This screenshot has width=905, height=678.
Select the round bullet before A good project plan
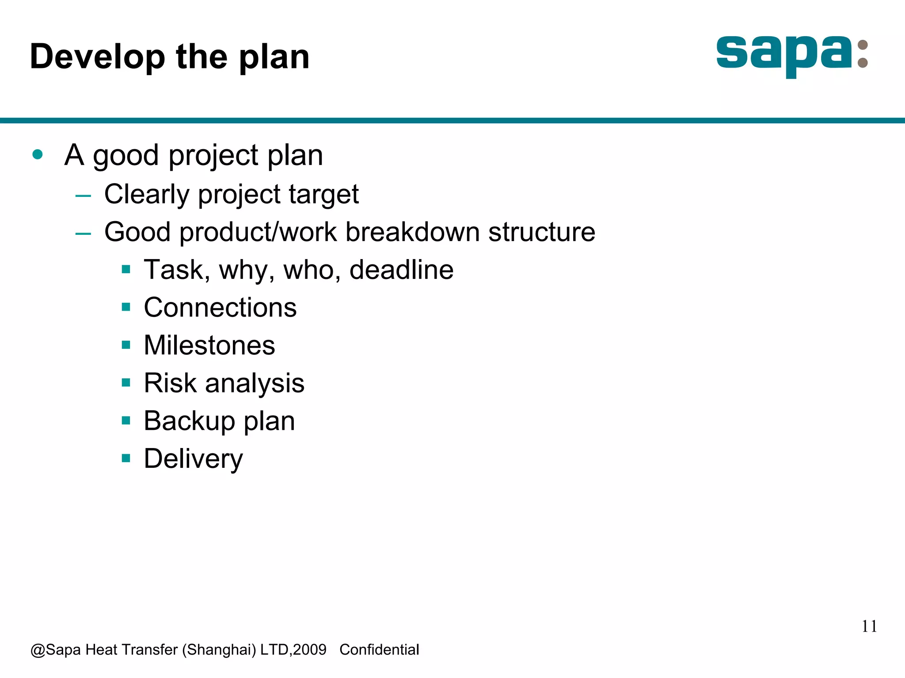coord(38,154)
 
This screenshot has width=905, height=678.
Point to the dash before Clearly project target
coord(83,195)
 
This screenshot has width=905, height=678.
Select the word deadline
coord(401,270)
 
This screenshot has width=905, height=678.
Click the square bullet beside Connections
coord(126,307)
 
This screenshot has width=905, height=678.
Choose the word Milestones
coord(209,345)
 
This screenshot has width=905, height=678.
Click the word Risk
coord(170,383)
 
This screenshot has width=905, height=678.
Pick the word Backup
coord(189,421)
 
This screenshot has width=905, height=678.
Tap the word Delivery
coord(193,459)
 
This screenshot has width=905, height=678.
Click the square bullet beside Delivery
coord(126,458)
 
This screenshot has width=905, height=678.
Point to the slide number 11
coord(869,626)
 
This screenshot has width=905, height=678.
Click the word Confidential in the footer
coord(379,650)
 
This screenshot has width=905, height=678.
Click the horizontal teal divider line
coord(452,121)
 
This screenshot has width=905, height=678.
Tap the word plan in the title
coord(274,57)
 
